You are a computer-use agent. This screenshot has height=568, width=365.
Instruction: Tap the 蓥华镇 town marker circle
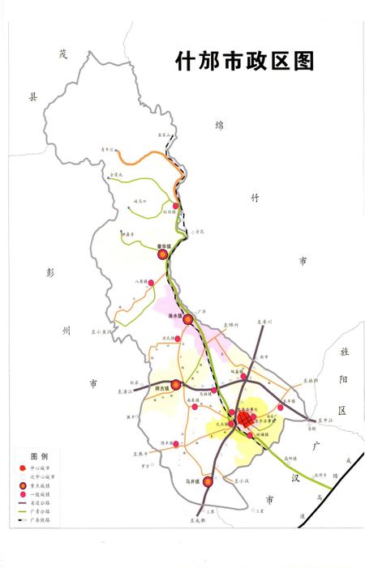(161, 254)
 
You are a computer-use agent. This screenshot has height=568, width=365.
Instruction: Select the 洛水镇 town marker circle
(188, 319)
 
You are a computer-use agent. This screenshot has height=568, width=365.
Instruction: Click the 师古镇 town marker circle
(176, 385)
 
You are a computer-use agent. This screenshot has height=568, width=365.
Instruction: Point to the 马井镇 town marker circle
(208, 481)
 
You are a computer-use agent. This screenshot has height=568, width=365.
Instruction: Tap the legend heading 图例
(40, 457)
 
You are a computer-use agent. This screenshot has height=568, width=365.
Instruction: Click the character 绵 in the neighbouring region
(217, 125)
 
